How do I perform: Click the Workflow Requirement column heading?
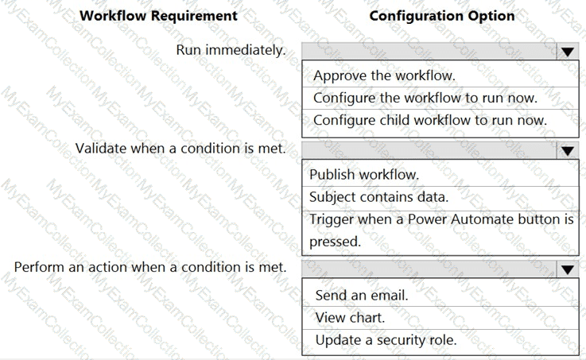[x=158, y=16]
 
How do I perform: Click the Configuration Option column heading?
[x=442, y=16]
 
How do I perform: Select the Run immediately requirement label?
[x=231, y=50]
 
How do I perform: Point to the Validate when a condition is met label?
[x=180, y=149]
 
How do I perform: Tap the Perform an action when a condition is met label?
[x=150, y=267]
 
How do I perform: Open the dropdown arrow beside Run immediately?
[x=567, y=52]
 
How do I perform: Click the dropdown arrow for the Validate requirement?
[x=567, y=150]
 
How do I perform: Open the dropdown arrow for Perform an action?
[x=567, y=269]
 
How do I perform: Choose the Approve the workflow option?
[x=384, y=75]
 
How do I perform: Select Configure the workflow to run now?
[x=425, y=98]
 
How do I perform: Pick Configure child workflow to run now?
[x=430, y=120]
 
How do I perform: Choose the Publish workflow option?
[x=364, y=174]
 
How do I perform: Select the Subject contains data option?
[x=378, y=197]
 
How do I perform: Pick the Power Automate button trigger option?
[x=441, y=230]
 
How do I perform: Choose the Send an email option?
[x=362, y=296]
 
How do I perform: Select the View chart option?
[x=350, y=318]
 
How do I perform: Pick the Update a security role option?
[x=386, y=340]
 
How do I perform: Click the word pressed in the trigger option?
[x=335, y=242]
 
